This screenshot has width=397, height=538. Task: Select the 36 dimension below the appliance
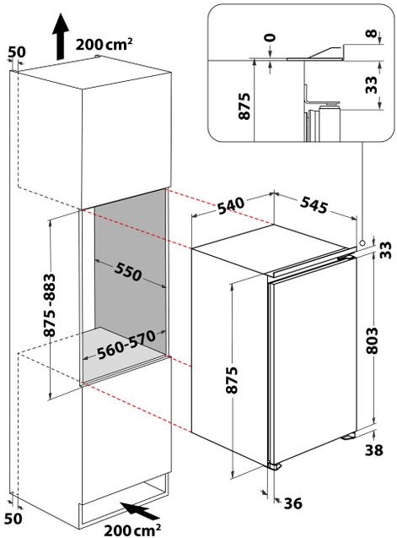coord(293,504)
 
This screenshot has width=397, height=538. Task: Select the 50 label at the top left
coord(15,52)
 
